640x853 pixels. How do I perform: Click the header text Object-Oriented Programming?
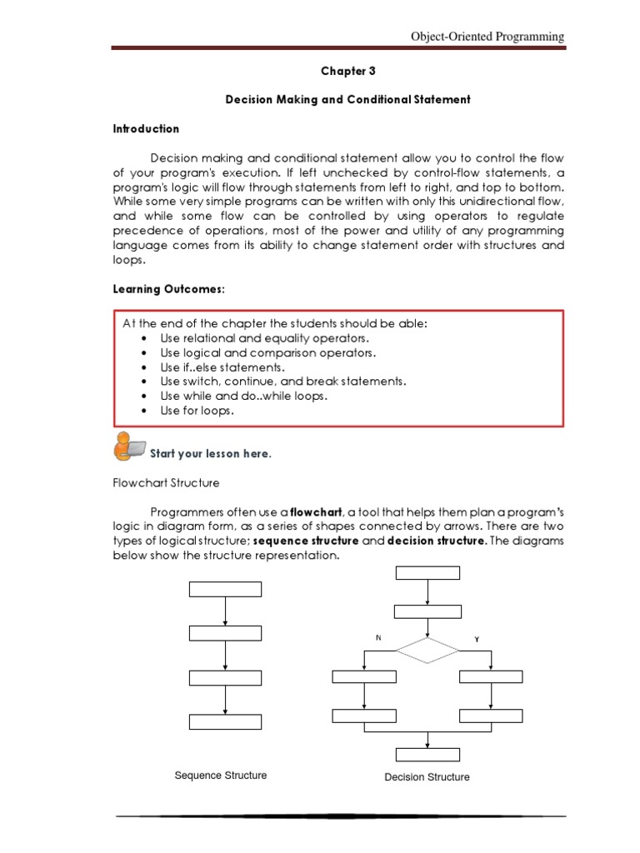487,37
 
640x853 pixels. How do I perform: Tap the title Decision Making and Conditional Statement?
347,99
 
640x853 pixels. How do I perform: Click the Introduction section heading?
146,129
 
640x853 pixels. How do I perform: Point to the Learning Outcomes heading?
169,289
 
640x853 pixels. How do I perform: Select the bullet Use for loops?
197,411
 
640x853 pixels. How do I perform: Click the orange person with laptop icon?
128,446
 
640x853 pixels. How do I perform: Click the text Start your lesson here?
210,454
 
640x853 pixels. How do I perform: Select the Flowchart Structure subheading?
166,482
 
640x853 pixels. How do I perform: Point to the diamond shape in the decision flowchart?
427,650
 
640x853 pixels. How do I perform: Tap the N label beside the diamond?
377,638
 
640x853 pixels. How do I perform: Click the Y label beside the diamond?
477,639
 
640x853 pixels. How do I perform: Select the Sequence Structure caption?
221,776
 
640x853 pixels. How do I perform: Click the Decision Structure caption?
427,777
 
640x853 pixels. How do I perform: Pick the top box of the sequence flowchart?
225,590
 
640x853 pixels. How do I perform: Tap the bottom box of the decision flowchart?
427,755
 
